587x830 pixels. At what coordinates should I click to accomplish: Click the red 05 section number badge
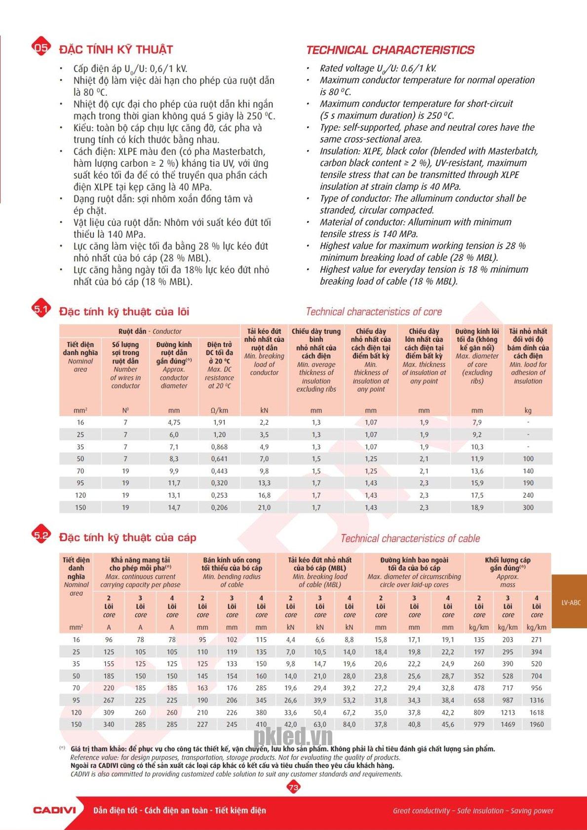[41, 47]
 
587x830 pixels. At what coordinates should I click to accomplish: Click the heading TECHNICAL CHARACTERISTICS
[390, 50]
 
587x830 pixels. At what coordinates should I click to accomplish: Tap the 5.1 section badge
[41, 309]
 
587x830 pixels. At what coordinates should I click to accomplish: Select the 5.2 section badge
[41, 536]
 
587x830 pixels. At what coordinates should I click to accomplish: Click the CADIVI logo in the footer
[54, 810]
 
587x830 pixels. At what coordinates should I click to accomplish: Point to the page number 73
[293, 787]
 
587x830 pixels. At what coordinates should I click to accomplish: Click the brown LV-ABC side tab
[571, 602]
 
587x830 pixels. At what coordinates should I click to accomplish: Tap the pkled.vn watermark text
[293, 737]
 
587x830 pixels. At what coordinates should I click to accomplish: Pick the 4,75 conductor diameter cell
[174, 422]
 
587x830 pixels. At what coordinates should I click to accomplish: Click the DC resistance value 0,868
[219, 447]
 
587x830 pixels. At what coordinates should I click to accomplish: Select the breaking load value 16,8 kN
[264, 495]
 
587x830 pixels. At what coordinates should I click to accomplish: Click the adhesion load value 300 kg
[528, 507]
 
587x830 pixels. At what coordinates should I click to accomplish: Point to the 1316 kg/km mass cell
[536, 700]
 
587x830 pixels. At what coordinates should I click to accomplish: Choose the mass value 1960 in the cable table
[536, 724]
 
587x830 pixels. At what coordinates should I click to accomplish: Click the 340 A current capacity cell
[109, 724]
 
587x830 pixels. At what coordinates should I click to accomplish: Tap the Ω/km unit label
[219, 410]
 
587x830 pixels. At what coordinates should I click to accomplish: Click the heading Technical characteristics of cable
[410, 539]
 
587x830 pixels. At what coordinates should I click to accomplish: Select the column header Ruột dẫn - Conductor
[150, 331]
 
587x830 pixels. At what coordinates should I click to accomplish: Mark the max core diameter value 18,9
[477, 507]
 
